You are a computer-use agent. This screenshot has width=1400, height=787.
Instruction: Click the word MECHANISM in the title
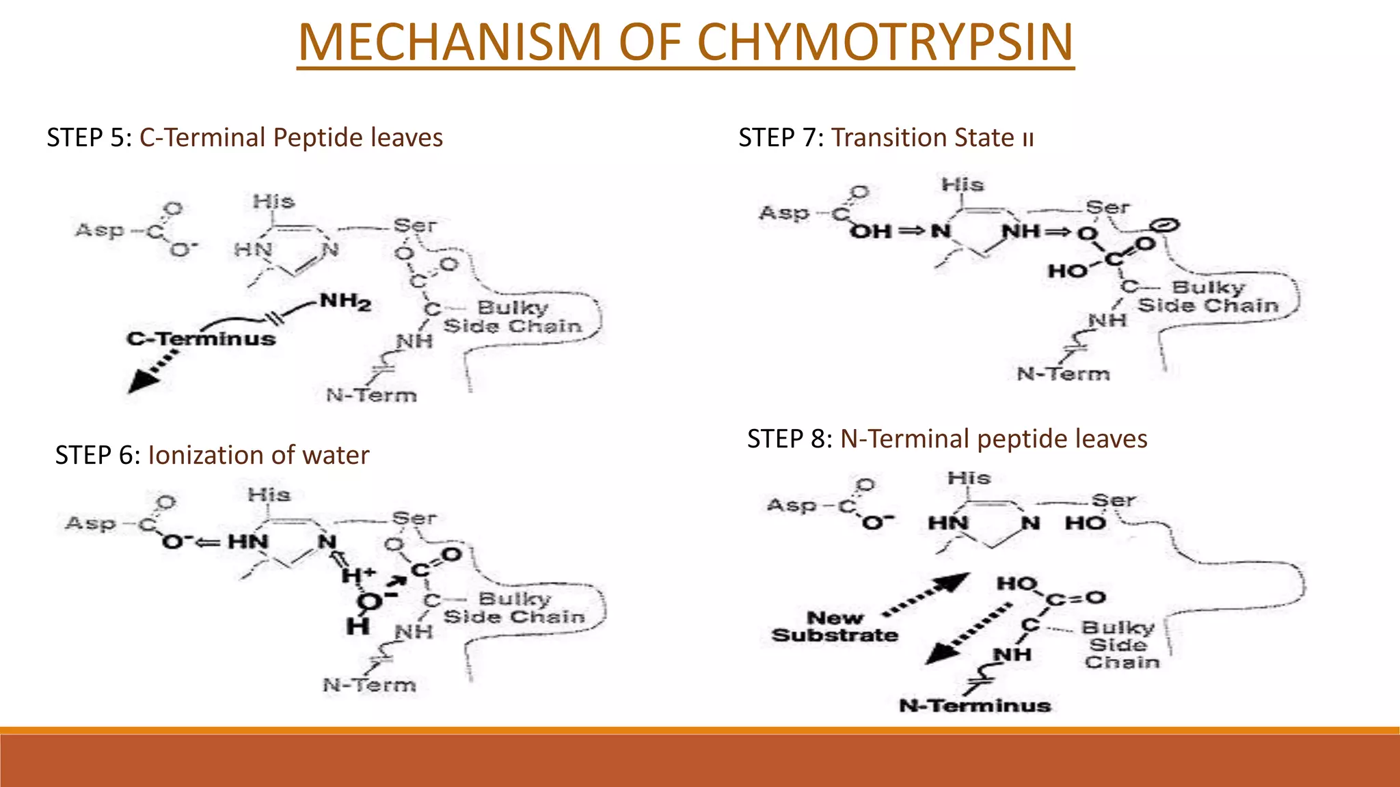pyautogui.click(x=450, y=42)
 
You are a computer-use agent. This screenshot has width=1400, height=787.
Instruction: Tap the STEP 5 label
pyautogui.click(x=89, y=138)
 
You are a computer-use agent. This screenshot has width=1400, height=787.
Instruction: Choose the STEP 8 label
pyautogui.click(x=790, y=439)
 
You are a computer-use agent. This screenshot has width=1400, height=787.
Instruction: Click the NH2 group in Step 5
pyautogui.click(x=346, y=301)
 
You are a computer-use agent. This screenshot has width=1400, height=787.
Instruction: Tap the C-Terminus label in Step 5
pyautogui.click(x=201, y=338)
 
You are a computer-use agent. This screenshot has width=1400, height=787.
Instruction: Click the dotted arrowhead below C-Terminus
pyautogui.click(x=142, y=381)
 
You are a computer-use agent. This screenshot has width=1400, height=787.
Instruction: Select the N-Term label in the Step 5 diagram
pyautogui.click(x=371, y=395)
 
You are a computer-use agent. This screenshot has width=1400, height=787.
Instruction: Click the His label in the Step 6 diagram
pyautogui.click(x=269, y=494)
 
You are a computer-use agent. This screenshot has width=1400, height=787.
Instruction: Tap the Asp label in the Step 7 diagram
pyautogui.click(x=784, y=213)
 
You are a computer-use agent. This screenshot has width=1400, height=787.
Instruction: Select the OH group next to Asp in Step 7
pyautogui.click(x=871, y=232)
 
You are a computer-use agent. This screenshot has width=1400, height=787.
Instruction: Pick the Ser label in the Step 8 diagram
pyautogui.click(x=1114, y=500)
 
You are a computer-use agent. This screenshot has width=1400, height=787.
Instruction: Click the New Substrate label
pyautogui.click(x=835, y=626)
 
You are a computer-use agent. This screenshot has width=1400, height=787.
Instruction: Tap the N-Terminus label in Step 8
pyautogui.click(x=975, y=706)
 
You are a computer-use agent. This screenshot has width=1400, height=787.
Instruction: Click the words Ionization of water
pyautogui.click(x=258, y=455)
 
